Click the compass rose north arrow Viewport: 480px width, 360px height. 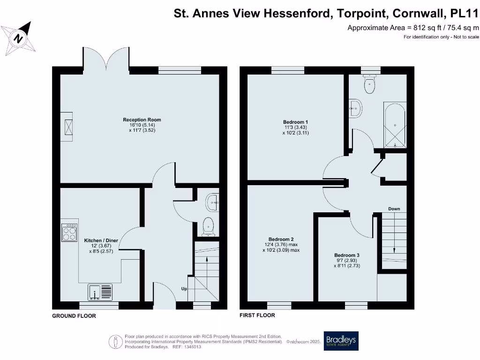point(19,37)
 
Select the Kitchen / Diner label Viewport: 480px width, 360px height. point(101,240)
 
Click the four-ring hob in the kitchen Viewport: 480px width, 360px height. point(69,232)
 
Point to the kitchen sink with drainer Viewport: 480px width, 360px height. point(100,292)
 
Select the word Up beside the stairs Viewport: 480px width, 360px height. point(184,289)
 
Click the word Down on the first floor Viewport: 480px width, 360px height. point(394,209)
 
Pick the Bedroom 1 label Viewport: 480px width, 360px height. point(295,122)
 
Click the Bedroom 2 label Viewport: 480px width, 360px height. point(280,239)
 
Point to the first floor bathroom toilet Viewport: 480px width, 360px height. point(370,85)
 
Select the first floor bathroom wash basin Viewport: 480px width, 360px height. point(355,108)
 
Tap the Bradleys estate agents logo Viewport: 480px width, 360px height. point(341,341)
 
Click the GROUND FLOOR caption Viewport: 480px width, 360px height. point(74,316)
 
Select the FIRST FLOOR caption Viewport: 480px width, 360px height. point(257,315)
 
